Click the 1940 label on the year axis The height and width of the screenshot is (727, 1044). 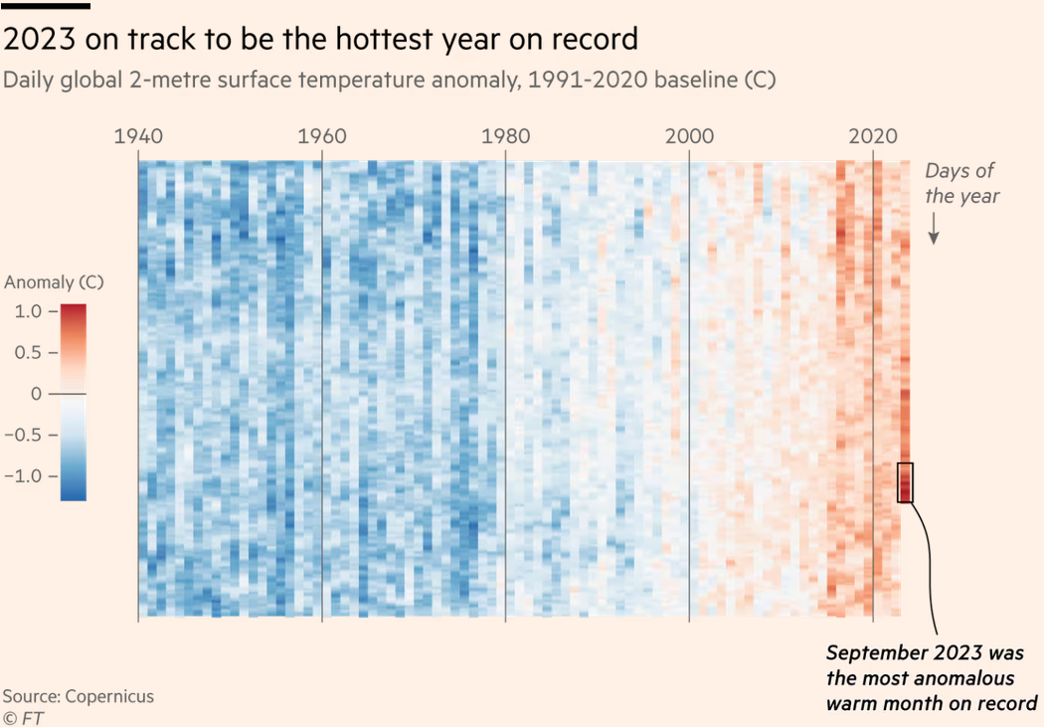[x=138, y=136]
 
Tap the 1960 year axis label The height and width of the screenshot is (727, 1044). [x=322, y=136]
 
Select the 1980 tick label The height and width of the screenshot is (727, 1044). [x=505, y=136]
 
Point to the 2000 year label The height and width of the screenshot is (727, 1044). [x=690, y=136]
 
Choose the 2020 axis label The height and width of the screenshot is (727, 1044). [x=873, y=136]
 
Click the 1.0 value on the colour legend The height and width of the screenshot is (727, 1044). [x=29, y=311]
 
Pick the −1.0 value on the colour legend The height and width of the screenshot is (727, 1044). [x=24, y=475]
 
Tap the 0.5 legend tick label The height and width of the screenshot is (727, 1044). [x=29, y=352]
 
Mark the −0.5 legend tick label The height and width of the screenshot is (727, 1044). [x=24, y=435]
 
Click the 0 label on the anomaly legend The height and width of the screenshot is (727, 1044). [x=37, y=394]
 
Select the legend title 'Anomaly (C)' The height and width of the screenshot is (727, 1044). [x=54, y=282]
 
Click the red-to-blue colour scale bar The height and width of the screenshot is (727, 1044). [x=73, y=401]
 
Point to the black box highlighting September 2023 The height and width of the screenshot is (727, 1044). [x=905, y=482]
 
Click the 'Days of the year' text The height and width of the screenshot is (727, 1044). [x=960, y=183]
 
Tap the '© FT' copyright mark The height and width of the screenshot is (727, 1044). [x=23, y=717]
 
